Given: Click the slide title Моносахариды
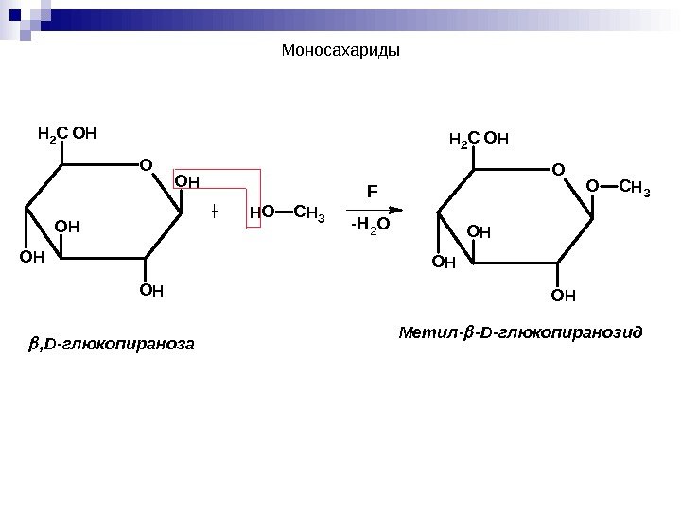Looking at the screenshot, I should pos(341,50).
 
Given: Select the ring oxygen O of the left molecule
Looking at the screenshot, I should pos(145,166).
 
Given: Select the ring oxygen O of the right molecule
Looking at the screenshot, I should pos(556,170).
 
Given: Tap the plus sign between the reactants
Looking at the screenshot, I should pos(215,211).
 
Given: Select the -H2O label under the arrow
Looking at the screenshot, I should pos(369,227).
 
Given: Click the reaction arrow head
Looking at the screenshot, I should pos(398,210).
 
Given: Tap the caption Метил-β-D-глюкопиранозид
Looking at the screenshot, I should pos(521,333).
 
